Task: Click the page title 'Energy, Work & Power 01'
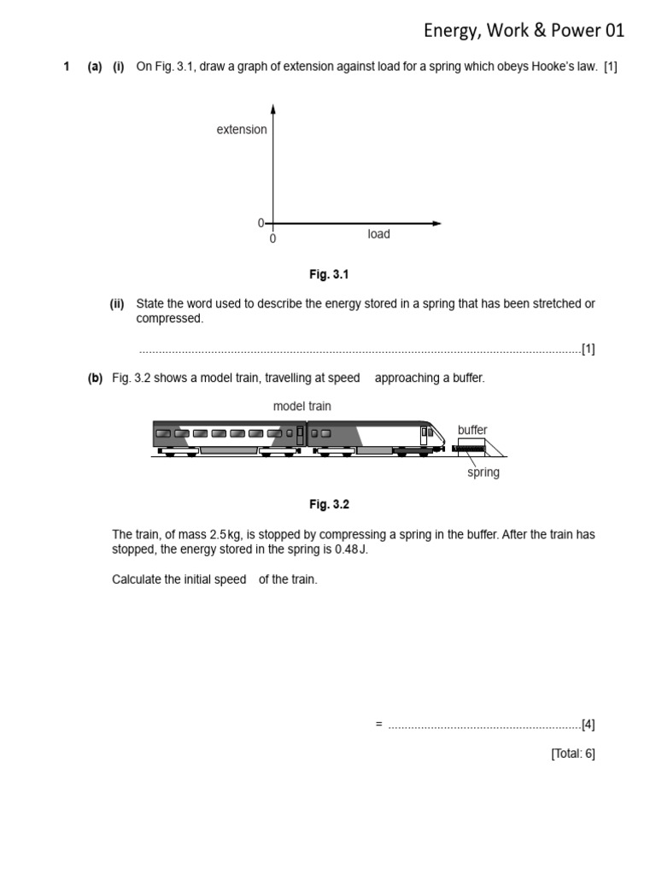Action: [x=524, y=31]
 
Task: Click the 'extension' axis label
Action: [x=241, y=130]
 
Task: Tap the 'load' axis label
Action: [x=378, y=234]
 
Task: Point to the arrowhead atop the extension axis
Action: [x=273, y=109]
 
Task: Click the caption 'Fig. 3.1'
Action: [x=330, y=275]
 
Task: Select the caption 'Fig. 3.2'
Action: [x=330, y=505]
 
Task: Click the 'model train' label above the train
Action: [x=302, y=407]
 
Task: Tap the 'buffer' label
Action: [x=472, y=430]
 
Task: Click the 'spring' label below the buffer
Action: [x=483, y=473]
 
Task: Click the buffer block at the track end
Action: [x=471, y=447]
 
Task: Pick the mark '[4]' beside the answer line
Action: [x=588, y=725]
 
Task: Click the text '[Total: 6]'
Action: [x=572, y=753]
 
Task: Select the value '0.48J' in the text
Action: [x=351, y=549]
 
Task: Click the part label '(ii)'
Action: [x=117, y=304]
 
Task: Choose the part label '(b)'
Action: [x=95, y=379]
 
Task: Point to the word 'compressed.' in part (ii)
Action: [x=170, y=319]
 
